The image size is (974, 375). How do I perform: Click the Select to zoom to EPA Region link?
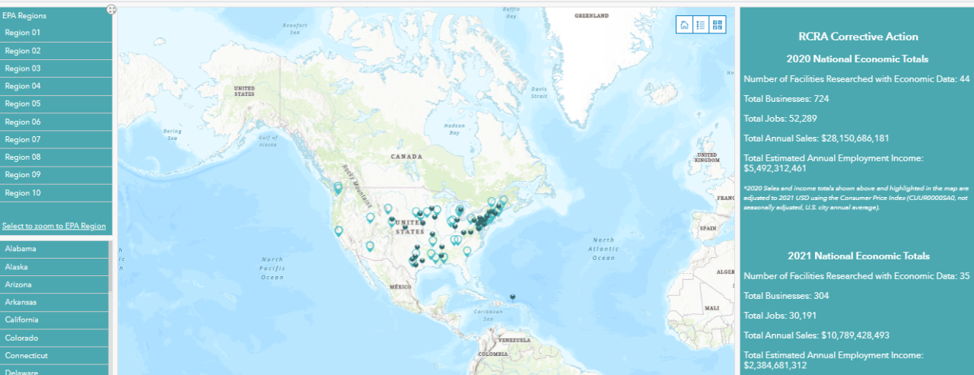click(54, 226)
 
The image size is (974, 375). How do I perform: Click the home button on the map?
click(684, 25)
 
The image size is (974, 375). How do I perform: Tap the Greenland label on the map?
click(591, 15)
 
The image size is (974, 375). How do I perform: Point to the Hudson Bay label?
click(454, 129)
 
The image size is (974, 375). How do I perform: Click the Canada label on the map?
click(406, 156)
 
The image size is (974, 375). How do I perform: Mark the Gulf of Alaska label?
click(269, 141)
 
